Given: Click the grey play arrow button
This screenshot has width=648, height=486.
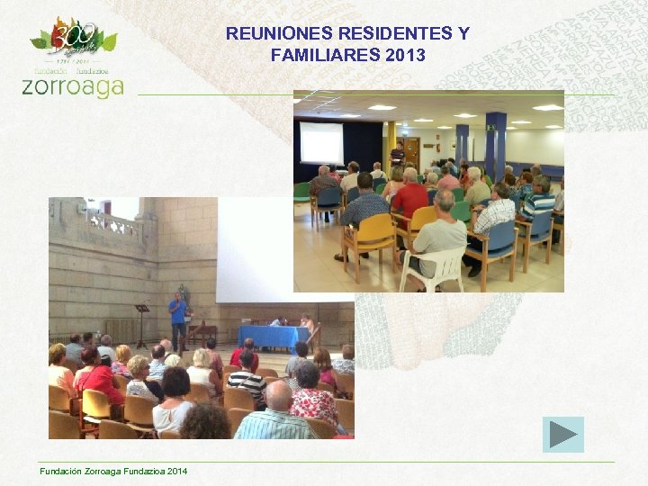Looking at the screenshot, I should [x=563, y=435].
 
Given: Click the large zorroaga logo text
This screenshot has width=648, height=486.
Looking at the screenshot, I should [x=72, y=86].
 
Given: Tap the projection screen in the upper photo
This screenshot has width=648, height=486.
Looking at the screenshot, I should [x=321, y=141].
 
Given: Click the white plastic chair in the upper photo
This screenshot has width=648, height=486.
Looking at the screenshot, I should [x=433, y=266].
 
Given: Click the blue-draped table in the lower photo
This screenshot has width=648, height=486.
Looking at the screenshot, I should [x=274, y=336].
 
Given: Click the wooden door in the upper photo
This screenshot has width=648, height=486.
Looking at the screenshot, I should [x=411, y=151].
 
